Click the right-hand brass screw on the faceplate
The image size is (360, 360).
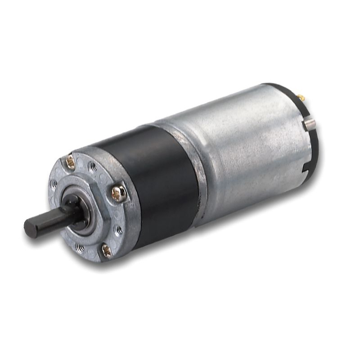click(x=119, y=193)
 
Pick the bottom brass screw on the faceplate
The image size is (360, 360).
click(x=106, y=250)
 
